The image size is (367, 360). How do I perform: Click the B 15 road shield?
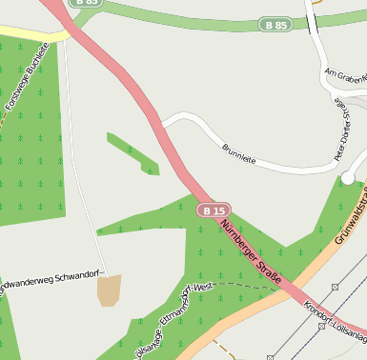point(214,210)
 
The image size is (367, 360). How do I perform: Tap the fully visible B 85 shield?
point(275,24)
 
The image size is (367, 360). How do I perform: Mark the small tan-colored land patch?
point(109,290)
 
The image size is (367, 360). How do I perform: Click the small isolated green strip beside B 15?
point(133,153)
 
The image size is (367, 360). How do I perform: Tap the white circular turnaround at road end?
point(348,177)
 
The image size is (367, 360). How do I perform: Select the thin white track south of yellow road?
point(80,143)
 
